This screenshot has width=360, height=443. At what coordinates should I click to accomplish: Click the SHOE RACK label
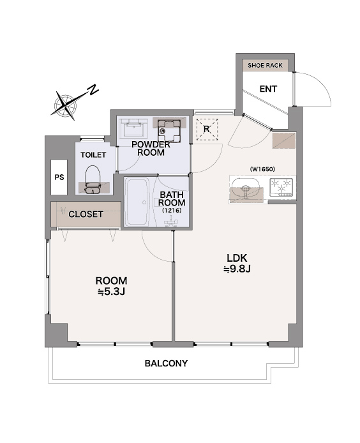pos(265,66)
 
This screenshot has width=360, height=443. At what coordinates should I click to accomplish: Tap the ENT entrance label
pos(268,89)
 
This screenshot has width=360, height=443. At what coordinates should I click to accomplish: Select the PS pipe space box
pos(59,177)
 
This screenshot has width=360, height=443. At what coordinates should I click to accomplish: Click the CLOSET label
pos(86,214)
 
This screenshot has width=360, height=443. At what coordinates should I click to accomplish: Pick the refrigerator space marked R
pos(207,130)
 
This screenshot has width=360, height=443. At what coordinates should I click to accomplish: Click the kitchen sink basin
pos(245,189)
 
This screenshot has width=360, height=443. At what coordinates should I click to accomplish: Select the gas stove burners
pos(281,187)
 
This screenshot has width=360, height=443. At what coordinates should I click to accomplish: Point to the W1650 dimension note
pos(262,169)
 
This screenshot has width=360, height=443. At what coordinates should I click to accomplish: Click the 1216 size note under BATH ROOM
pos(172,211)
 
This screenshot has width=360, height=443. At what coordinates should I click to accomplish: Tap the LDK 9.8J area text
pos(237,263)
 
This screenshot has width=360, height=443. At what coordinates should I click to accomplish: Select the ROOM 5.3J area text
pos(111,286)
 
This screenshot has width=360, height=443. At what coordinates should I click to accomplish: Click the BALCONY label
pos(166,363)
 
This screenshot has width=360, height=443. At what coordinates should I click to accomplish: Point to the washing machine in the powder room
pos(169,131)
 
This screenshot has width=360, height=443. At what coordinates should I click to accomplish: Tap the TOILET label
pos(93,155)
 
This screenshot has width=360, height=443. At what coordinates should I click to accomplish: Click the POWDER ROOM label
pos(151,149)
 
